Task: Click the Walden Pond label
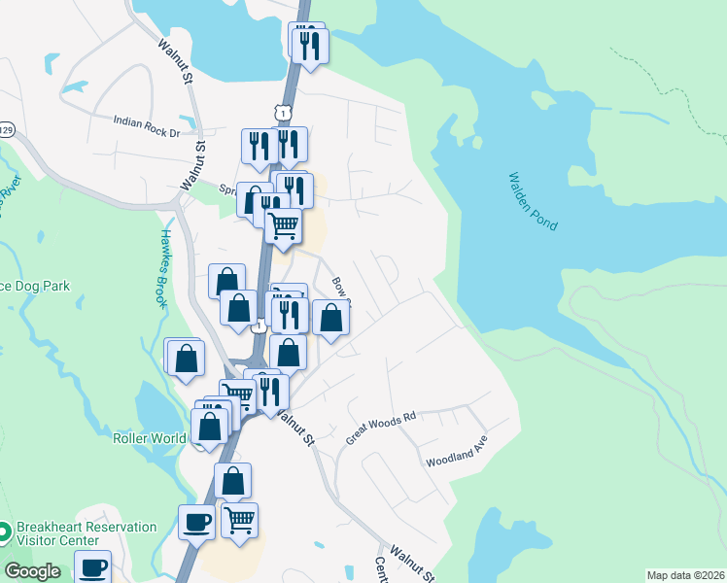tap(533, 202)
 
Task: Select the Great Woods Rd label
tap(381, 429)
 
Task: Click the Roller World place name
tap(149, 438)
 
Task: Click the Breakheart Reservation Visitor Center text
tap(86, 533)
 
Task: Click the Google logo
tap(32, 571)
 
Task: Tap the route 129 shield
tap(5, 129)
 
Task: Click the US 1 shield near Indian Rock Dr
tap(281, 113)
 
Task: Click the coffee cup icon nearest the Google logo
tap(93, 566)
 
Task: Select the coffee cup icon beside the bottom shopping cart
tap(196, 521)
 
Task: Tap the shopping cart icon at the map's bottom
tap(239, 518)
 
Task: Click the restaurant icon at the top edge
tap(310, 46)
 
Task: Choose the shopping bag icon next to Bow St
tap(331, 318)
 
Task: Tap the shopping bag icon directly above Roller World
tap(209, 425)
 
